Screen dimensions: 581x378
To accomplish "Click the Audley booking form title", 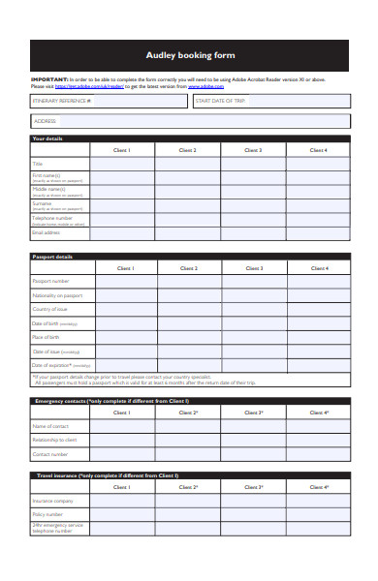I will [189, 55].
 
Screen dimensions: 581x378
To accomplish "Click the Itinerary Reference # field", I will [109, 101].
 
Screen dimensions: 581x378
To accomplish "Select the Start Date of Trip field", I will [270, 101].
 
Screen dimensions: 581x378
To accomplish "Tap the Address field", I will [189, 121].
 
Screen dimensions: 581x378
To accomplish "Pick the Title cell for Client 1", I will [123, 164].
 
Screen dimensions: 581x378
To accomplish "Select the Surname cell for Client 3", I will [253, 205].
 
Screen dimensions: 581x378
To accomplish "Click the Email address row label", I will [47, 232].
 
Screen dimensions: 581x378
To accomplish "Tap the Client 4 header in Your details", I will [318, 150].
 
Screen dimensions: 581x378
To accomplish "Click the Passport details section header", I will [52, 257].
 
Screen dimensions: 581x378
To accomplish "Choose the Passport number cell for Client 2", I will [188, 281].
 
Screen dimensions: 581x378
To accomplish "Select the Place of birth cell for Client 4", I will [318, 337].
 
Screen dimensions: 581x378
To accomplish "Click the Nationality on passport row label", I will [58, 295].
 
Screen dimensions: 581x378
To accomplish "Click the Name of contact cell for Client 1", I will [123, 426].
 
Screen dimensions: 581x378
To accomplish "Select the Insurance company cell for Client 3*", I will [253, 501].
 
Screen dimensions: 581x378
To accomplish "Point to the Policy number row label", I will [48, 514].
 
